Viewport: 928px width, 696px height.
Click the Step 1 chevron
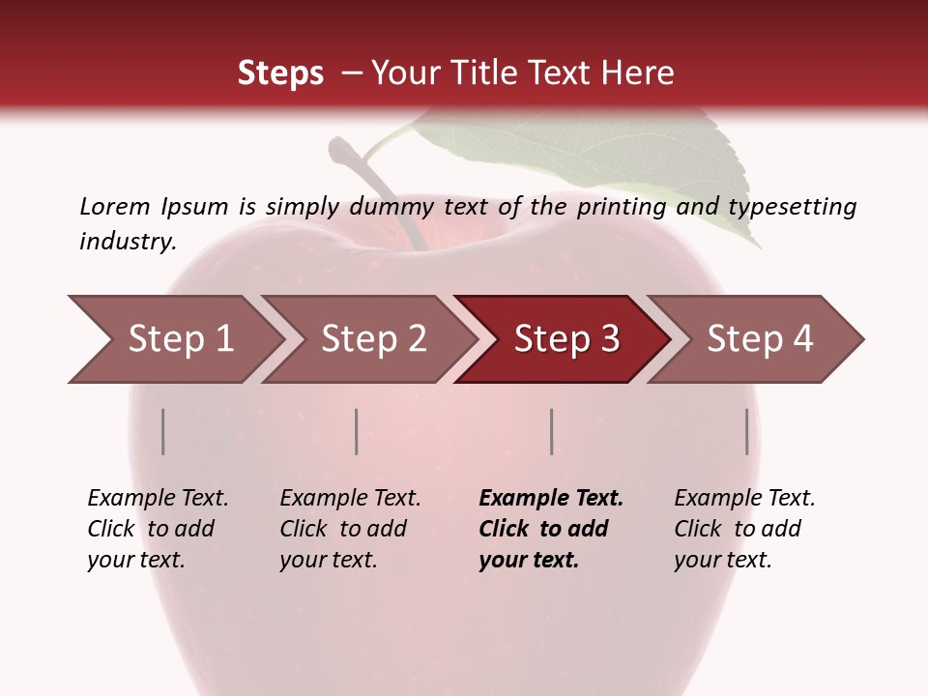(x=174, y=339)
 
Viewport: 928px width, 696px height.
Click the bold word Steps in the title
(x=280, y=73)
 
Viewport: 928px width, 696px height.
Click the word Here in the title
(x=637, y=73)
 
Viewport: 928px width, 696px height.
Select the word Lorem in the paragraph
(x=115, y=206)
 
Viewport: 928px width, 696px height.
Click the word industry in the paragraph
(x=126, y=241)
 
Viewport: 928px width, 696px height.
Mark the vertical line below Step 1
(x=163, y=431)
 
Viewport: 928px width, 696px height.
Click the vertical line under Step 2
(x=357, y=431)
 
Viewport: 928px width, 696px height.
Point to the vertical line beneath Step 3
(x=551, y=431)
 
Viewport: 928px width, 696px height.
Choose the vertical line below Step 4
(x=747, y=431)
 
